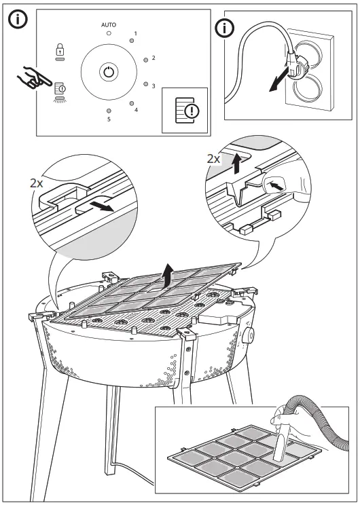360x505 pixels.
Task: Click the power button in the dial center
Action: [109, 72]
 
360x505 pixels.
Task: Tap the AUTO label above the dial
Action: [109, 24]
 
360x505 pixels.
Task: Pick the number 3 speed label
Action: [154, 86]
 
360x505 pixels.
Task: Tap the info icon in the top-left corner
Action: [18, 20]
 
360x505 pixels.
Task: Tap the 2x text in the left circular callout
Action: [37, 183]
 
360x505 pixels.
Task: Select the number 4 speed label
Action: [137, 110]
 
